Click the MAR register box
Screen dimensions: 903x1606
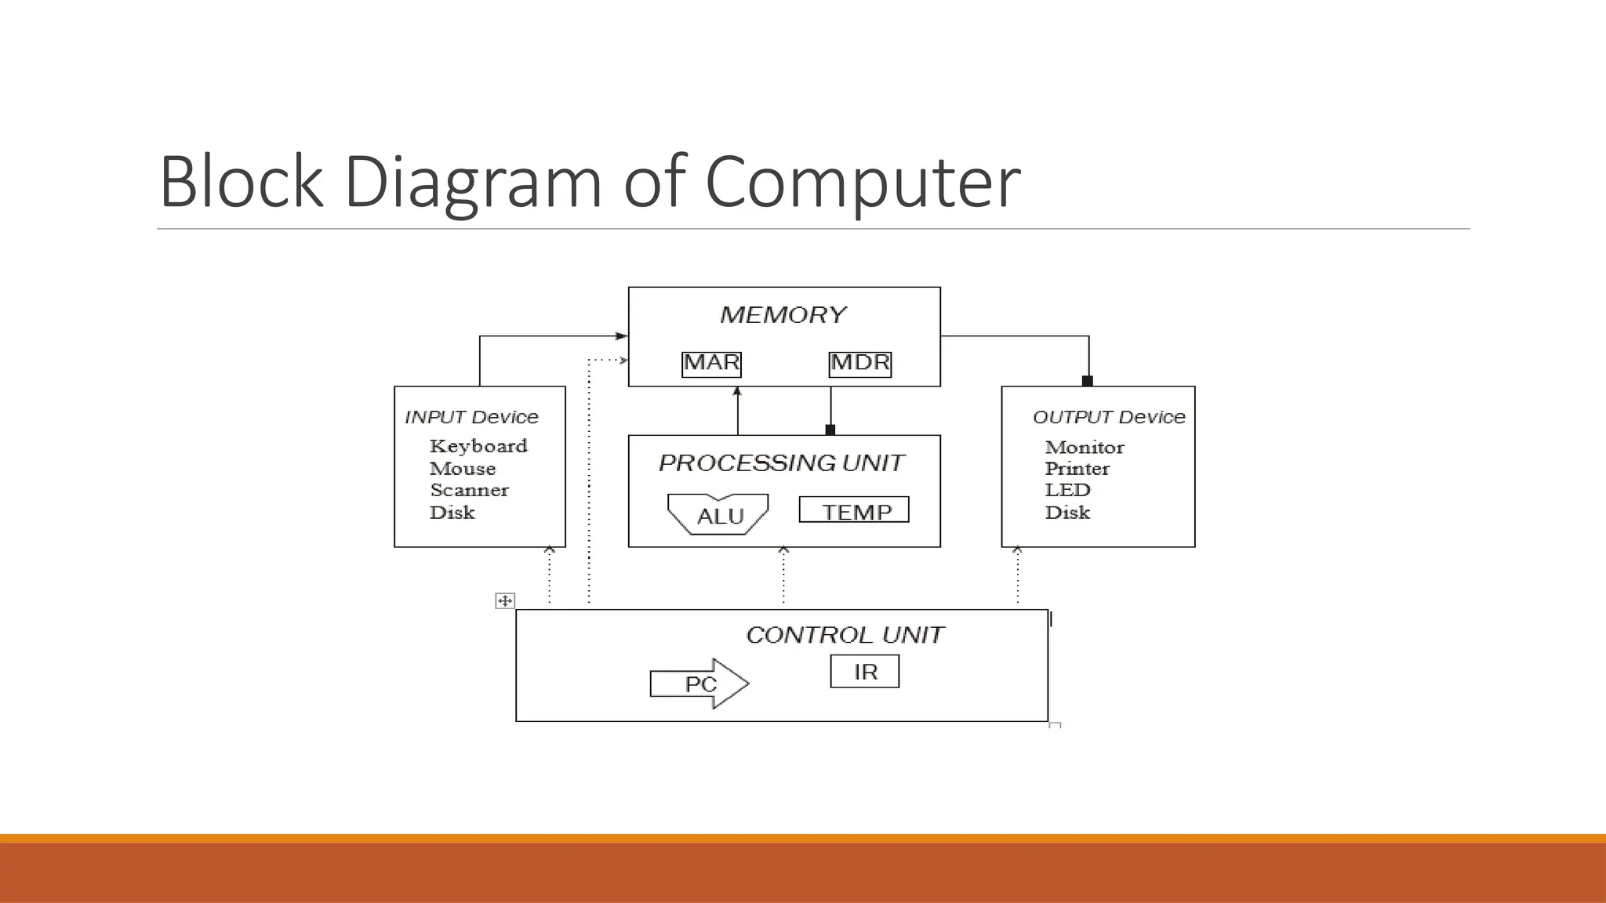711,364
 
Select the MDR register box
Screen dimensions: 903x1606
860,364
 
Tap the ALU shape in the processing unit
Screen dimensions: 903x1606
718,515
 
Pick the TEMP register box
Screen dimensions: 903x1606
854,510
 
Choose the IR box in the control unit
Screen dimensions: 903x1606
865,672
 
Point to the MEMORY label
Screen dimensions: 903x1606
783,315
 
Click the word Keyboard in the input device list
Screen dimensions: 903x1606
478,446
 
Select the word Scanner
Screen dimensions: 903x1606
469,491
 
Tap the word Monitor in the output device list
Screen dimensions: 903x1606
1085,448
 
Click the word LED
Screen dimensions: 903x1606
1067,491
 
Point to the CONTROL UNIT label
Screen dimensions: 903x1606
845,635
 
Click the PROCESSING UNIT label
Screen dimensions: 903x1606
782,463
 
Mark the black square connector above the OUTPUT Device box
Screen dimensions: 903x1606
1088,381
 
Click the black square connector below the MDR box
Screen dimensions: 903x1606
830,430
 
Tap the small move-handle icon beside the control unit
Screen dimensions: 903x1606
505,601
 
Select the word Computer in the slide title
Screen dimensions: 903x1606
863,182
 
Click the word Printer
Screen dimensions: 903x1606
1077,469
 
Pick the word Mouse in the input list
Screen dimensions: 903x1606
463,469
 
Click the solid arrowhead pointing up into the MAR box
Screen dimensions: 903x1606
737,391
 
